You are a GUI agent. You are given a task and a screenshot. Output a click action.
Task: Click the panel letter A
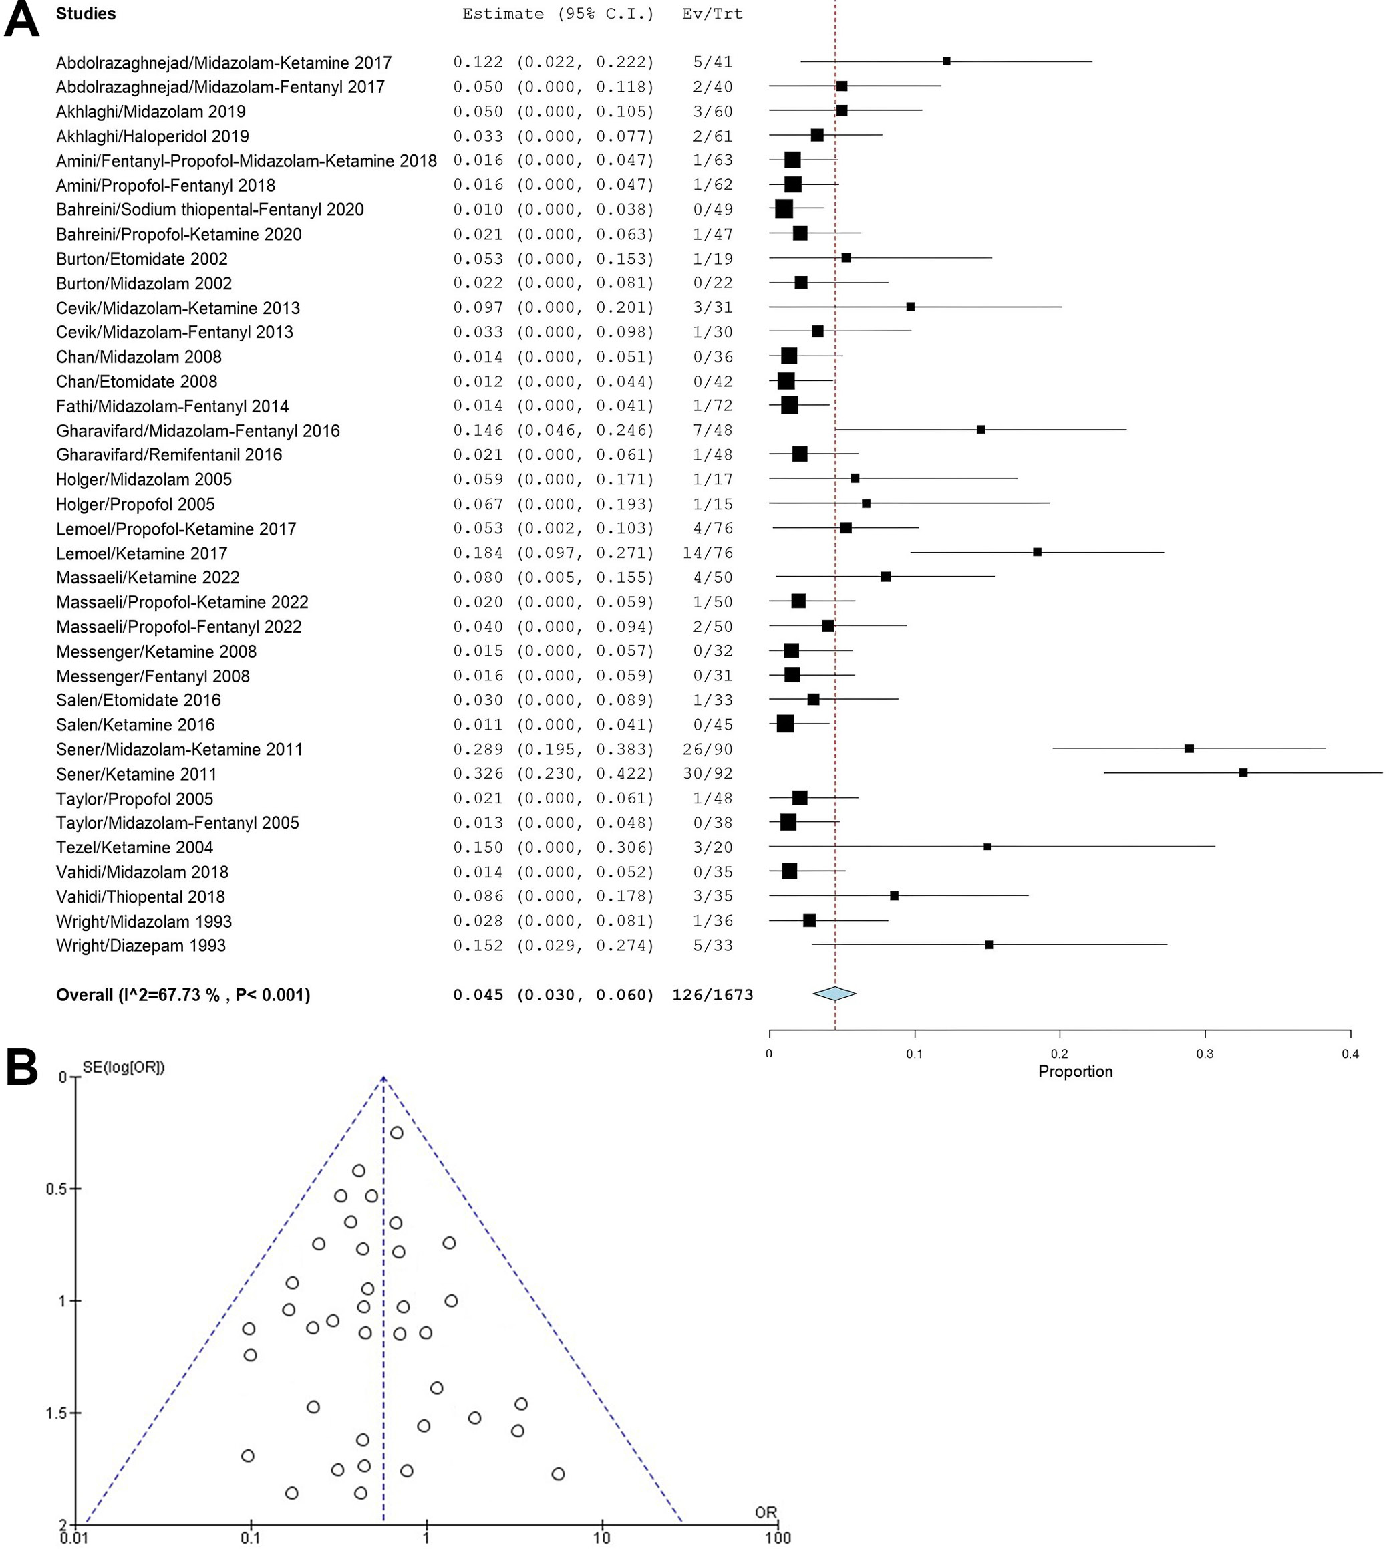point(21,18)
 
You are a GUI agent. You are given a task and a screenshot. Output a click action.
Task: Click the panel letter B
point(21,1067)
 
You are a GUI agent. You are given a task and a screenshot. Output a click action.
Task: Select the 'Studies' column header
point(86,14)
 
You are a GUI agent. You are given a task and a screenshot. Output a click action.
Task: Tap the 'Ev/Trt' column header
point(712,14)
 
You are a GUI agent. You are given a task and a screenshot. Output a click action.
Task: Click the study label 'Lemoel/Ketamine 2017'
point(141,553)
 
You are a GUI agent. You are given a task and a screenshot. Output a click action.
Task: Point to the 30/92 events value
point(708,773)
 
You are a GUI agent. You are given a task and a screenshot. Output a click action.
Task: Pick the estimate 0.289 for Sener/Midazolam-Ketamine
point(478,749)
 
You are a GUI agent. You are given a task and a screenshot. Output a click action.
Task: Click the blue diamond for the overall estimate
point(834,993)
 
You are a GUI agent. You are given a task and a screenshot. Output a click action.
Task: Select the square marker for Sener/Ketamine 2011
point(1243,772)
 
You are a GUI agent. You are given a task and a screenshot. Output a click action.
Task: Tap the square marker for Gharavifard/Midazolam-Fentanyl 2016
point(981,430)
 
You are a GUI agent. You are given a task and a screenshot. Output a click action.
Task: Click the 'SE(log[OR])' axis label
point(124,1067)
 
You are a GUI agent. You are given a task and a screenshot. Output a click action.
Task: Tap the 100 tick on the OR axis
point(778,1538)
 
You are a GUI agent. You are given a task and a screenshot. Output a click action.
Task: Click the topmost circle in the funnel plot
point(397,1133)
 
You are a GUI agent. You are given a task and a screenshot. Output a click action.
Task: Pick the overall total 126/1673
point(712,995)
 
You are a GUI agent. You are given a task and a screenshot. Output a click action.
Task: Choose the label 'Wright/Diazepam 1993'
point(140,945)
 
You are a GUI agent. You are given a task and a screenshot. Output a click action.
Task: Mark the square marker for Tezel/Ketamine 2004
point(987,847)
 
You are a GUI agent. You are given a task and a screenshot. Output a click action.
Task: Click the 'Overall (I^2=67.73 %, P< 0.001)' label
point(183,995)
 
